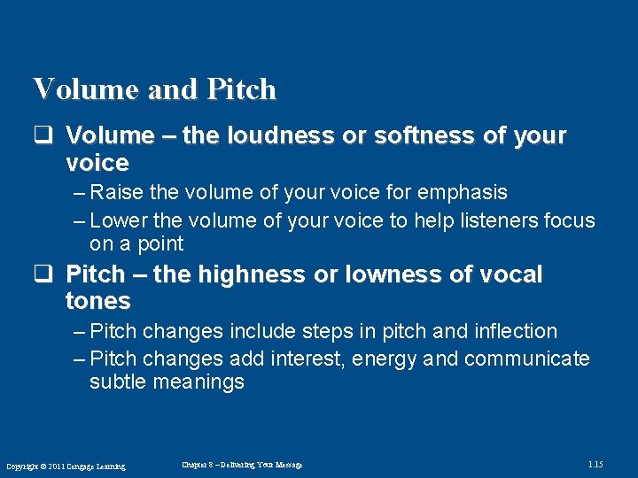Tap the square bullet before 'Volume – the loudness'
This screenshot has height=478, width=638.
[x=41, y=135]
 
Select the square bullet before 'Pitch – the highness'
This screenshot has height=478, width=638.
[x=41, y=274]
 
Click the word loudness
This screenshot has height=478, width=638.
[x=268, y=135]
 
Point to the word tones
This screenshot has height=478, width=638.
[x=97, y=301]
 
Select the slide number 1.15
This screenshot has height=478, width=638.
[x=595, y=465]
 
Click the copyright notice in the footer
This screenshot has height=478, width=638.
[x=66, y=466]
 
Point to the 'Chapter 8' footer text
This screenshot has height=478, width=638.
[x=241, y=465]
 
